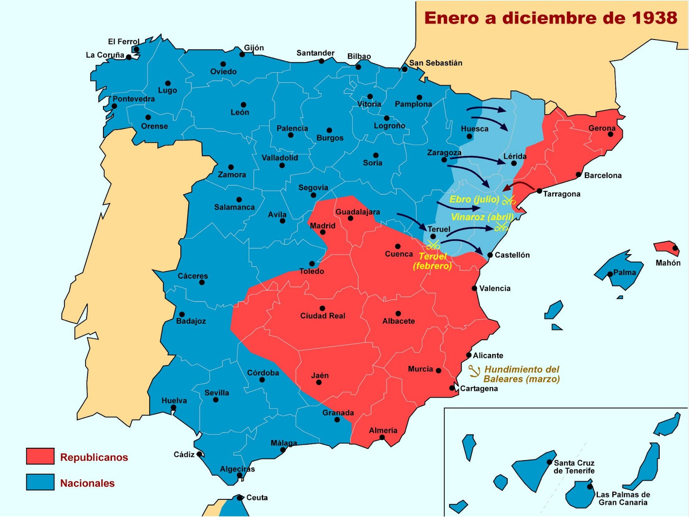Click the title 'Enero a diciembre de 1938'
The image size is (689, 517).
point(550,18)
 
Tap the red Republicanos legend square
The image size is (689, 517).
point(40,456)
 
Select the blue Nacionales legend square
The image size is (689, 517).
point(40,482)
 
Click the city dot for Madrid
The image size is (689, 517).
point(323,232)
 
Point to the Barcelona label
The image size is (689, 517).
point(602,175)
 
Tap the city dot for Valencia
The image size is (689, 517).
point(474,289)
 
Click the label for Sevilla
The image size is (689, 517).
point(217,393)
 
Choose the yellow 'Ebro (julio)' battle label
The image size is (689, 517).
point(474,199)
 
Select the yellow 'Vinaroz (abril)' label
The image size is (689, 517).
point(482,217)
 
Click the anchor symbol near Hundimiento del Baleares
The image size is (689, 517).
point(474,371)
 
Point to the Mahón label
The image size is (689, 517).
point(668,263)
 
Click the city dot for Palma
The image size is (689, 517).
point(610,274)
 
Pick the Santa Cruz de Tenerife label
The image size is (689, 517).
point(574,467)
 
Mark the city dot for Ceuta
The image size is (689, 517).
point(239,498)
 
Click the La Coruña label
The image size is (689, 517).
point(105,55)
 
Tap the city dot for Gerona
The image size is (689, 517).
point(610,135)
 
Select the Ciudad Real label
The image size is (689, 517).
point(323,316)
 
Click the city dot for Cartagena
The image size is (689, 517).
point(452,388)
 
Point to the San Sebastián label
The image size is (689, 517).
point(435,63)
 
